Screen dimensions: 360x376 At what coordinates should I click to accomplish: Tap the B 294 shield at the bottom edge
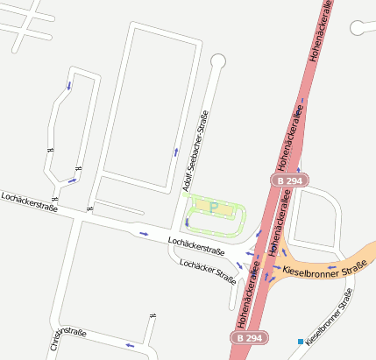pyautogui.click(x=247, y=337)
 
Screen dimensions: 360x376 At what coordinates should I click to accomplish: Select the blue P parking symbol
pyautogui.click(x=212, y=207)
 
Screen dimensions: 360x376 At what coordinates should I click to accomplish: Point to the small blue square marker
pyautogui.click(x=301, y=341)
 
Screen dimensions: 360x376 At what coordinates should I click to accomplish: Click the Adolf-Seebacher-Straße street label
pyautogui.click(x=195, y=152)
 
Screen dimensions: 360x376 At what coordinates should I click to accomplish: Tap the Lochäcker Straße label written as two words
pyautogui.click(x=208, y=272)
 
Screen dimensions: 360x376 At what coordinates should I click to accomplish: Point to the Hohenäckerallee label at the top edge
pyautogui.click(x=318, y=31)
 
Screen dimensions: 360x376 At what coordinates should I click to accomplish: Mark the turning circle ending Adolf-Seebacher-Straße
pyautogui.click(x=217, y=60)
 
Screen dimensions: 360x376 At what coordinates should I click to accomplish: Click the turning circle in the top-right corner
pyautogui.click(x=358, y=28)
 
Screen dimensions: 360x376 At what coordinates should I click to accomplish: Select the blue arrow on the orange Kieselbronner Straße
pyautogui.click(x=331, y=265)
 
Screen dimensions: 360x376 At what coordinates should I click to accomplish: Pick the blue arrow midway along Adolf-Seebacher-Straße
pyautogui.click(x=176, y=152)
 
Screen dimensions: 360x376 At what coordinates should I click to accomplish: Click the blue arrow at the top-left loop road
pyautogui.click(x=68, y=86)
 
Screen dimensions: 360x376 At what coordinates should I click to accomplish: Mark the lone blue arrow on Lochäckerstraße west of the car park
pyautogui.click(x=144, y=233)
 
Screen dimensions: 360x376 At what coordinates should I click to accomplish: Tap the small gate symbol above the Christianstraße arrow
pyautogui.click(x=153, y=315)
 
